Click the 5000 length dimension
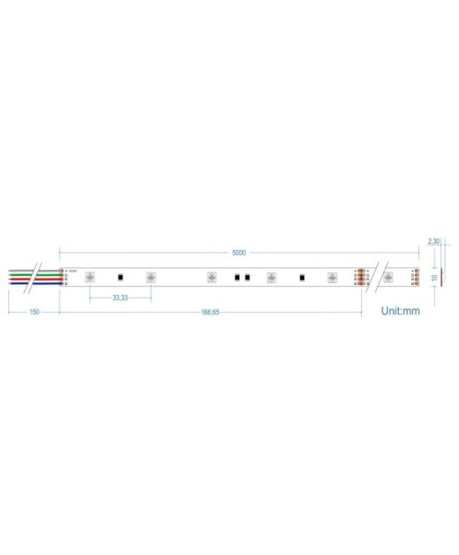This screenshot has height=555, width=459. tap(238, 253)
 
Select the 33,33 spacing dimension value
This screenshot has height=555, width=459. tap(119, 297)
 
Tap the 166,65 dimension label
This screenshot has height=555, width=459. tap(210, 311)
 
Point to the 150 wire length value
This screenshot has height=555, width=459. tap(33, 311)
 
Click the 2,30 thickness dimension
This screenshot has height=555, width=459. tap(433, 242)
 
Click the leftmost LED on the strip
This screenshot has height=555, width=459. tap(90, 277)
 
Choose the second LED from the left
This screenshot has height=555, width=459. tap(150, 277)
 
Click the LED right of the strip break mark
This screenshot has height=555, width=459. tap(389, 277)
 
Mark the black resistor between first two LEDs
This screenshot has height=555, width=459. tap(121, 277)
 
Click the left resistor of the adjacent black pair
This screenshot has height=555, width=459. tap(236, 277)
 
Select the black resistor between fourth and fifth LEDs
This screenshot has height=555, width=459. tap(301, 277)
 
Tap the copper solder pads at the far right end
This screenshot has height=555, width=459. tap(414, 277)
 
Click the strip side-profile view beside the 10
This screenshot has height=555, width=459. tap(443, 278)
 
